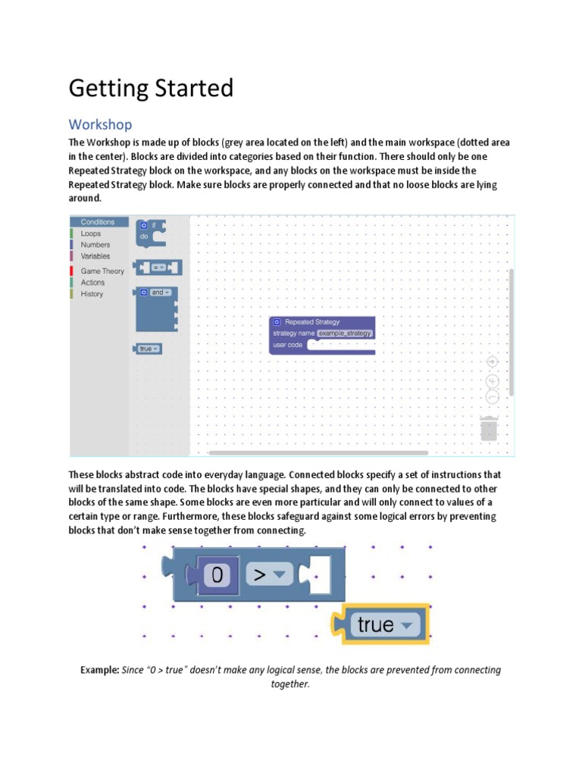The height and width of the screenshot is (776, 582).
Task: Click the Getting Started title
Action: point(151,89)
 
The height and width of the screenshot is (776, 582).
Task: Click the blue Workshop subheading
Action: point(100,124)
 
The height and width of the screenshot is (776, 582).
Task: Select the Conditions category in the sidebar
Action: point(98,222)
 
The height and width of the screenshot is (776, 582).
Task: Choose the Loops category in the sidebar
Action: point(91,233)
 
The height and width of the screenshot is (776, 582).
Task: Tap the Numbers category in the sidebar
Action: point(95,245)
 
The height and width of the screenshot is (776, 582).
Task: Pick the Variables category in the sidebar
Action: point(95,256)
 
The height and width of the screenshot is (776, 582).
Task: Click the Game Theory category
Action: point(102,271)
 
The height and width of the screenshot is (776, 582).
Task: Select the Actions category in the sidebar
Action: point(93,282)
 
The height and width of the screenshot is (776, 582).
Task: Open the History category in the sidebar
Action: point(92,293)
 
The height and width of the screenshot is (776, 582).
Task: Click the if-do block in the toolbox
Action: point(150,232)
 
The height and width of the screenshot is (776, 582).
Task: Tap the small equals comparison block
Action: point(158,268)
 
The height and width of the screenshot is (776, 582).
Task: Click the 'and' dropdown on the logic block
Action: point(160,292)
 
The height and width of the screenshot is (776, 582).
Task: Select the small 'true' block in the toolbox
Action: point(148,349)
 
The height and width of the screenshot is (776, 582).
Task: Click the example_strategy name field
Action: point(345,333)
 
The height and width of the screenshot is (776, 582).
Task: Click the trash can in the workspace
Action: point(489,429)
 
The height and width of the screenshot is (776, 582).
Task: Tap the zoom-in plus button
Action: point(492,380)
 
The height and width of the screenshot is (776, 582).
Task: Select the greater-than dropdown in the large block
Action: point(269,575)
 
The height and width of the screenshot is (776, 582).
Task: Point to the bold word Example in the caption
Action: point(99,670)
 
